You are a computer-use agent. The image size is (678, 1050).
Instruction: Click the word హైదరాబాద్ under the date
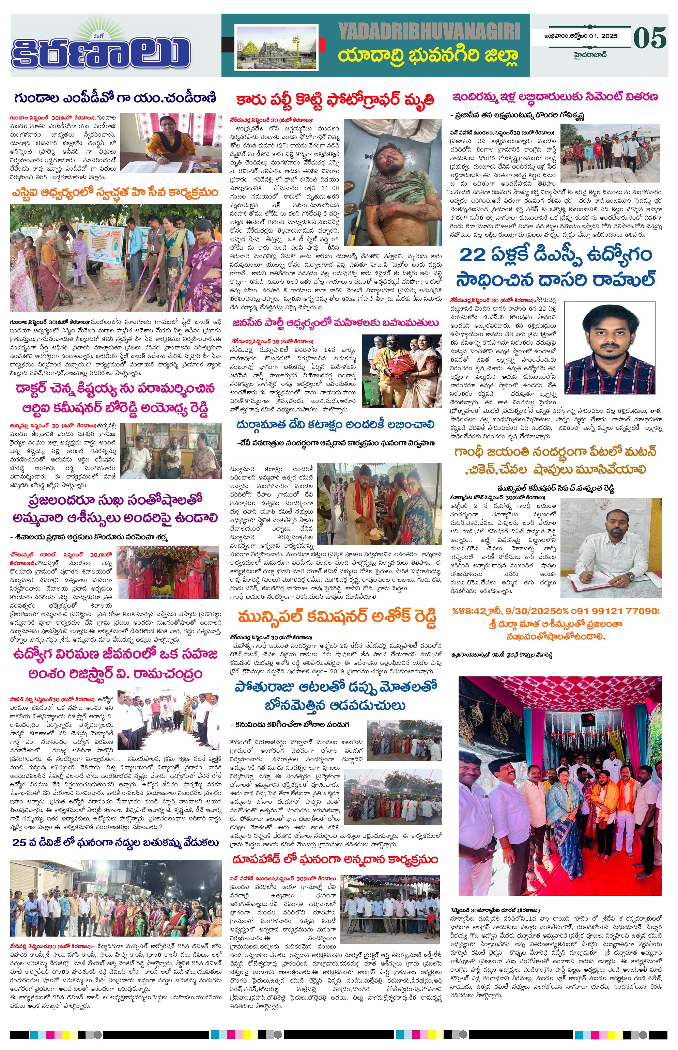coord(590,54)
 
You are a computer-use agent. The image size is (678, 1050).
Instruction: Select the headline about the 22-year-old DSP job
coord(556,267)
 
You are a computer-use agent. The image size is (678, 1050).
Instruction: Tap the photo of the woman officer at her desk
coord(171,143)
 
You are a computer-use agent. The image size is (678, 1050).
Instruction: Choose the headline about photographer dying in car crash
coord(335,100)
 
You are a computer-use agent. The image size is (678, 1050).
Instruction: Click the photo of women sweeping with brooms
coord(116,258)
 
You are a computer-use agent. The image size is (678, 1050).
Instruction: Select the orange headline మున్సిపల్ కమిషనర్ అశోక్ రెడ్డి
coord(337,617)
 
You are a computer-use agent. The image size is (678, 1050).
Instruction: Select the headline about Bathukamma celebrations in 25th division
coord(115,842)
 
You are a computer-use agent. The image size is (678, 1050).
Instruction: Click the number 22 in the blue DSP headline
coord(473,255)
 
